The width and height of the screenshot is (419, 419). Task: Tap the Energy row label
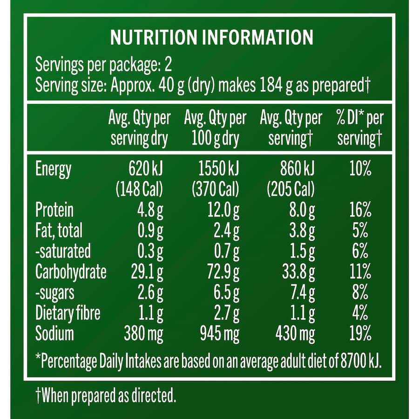(54, 169)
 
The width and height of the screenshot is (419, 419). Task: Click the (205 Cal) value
(291, 189)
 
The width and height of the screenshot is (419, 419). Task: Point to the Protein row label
(54, 210)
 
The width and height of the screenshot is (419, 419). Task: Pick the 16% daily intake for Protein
(360, 210)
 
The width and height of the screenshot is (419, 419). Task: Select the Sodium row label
(54, 333)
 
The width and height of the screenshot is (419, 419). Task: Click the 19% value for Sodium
(360, 333)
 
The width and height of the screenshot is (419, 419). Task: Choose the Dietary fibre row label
(68, 313)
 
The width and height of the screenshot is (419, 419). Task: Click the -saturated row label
(63, 251)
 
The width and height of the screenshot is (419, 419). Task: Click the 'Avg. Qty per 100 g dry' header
(215, 128)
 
